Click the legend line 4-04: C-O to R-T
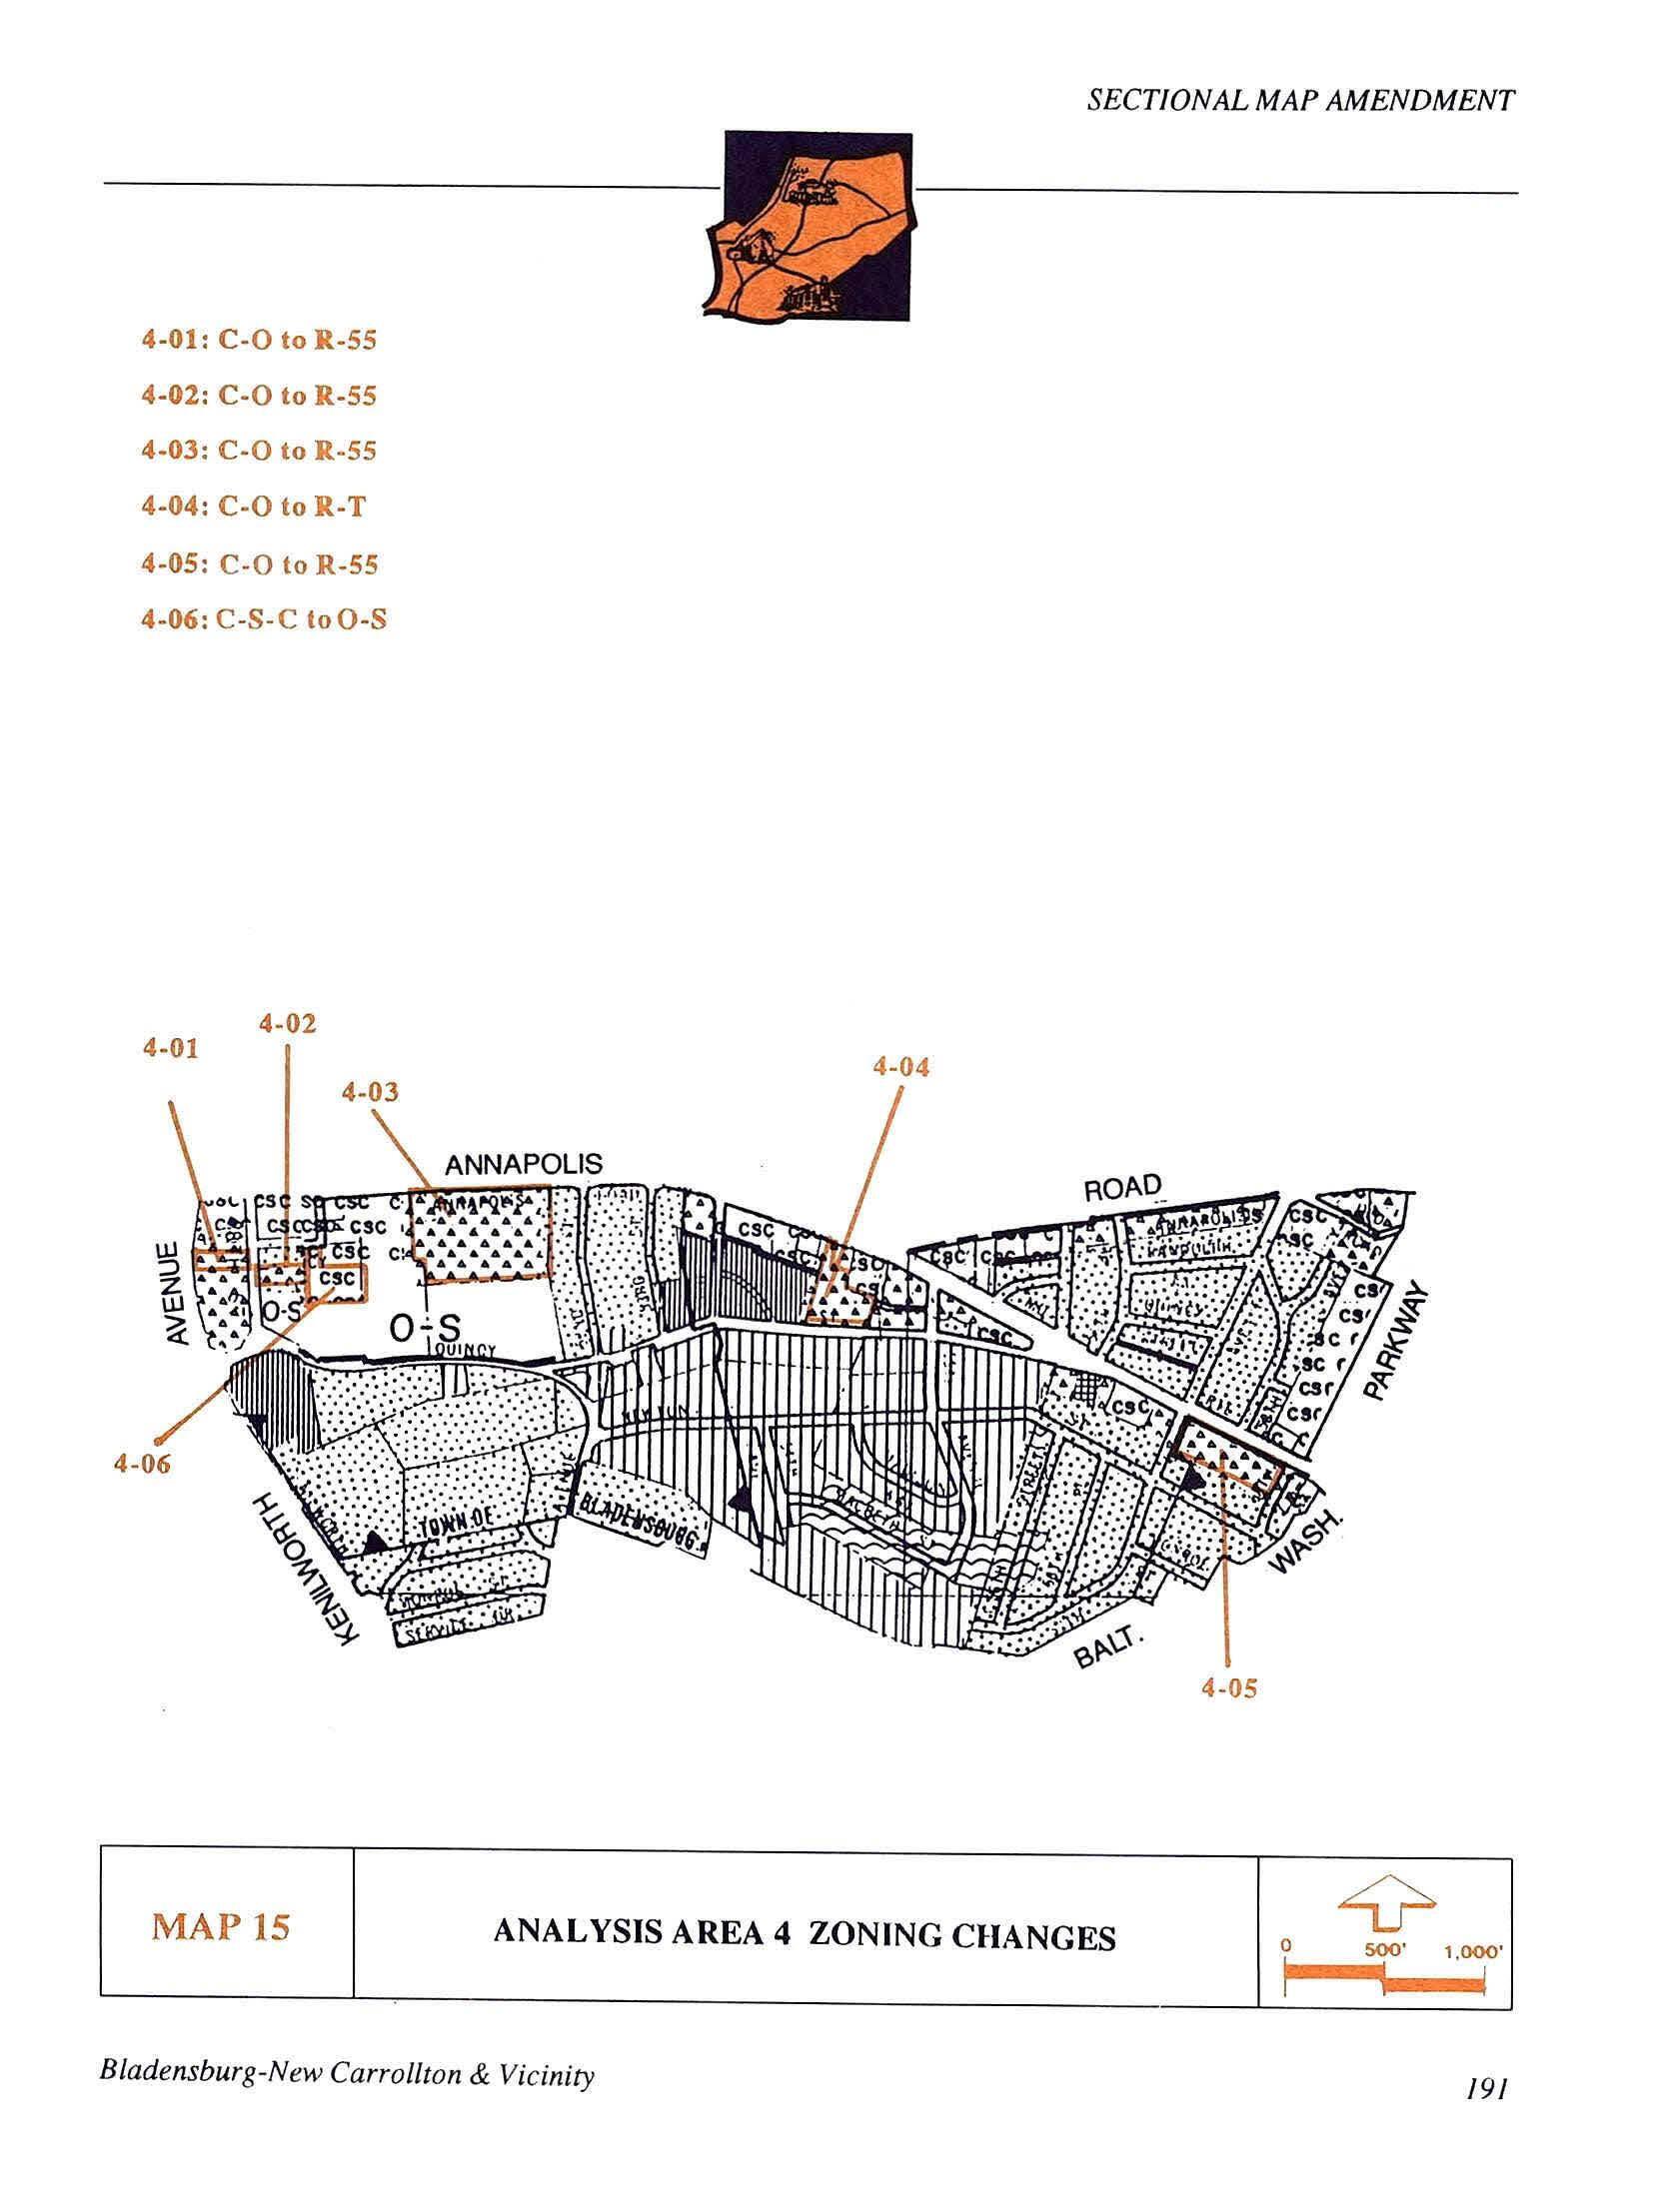[x=253, y=508]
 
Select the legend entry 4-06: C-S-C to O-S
[x=264, y=620]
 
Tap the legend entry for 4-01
[x=259, y=341]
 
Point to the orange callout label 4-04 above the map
[x=900, y=1067]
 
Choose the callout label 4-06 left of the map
[x=142, y=1465]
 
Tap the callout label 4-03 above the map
[x=370, y=1092]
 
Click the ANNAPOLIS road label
[x=524, y=1164]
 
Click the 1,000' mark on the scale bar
[x=1473, y=1949]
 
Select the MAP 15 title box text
[x=221, y=1926]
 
